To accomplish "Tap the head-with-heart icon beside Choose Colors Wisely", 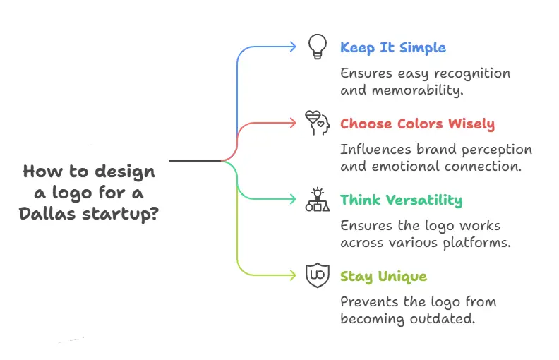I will [x=317, y=124].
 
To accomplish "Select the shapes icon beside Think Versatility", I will [x=317, y=200].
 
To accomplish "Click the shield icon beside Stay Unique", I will [x=317, y=275].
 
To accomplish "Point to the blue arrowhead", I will [x=294, y=47].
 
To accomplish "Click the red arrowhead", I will [x=294, y=124].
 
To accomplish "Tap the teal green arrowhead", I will [x=294, y=200].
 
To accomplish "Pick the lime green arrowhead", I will [x=294, y=275].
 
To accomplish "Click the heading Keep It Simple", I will [x=392, y=48].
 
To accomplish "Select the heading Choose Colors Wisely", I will [x=417, y=124].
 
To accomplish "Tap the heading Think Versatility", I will [x=401, y=200].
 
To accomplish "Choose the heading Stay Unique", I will [x=383, y=276].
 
